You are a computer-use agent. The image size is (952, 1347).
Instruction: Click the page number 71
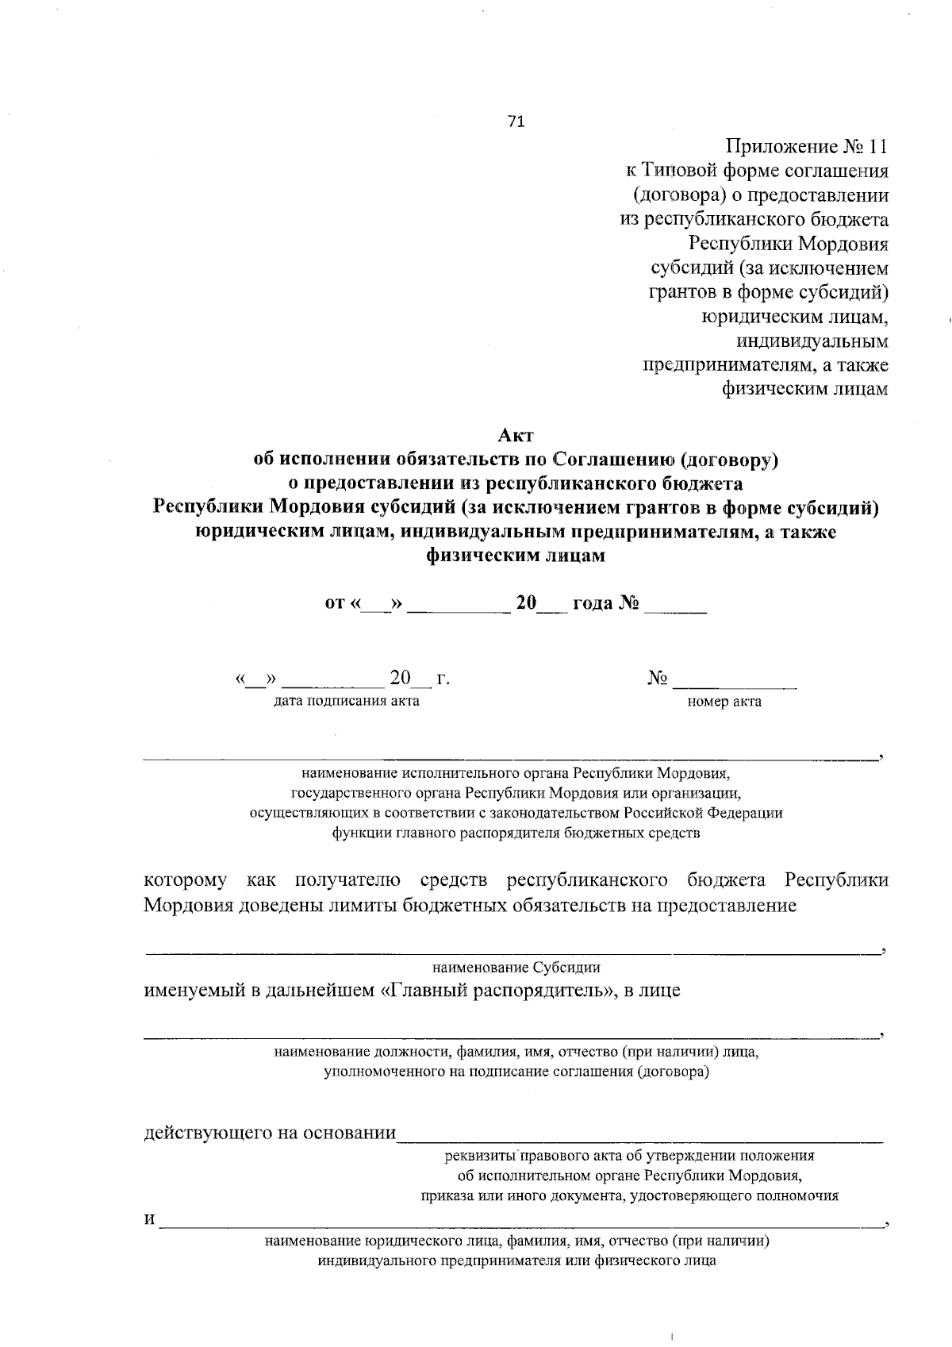[516, 121]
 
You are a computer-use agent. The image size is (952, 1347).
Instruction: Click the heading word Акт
[516, 436]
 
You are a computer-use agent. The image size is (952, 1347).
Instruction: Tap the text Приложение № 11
[806, 147]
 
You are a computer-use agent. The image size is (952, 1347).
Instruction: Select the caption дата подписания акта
[347, 701]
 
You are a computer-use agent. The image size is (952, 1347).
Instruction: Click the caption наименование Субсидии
[516, 968]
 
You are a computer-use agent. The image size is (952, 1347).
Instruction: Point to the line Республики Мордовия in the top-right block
[788, 244]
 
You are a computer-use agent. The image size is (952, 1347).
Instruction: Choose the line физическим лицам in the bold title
[516, 556]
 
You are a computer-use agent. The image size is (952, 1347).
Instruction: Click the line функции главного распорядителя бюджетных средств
[516, 833]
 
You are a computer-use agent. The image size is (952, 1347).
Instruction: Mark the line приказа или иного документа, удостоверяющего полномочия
[630, 1196]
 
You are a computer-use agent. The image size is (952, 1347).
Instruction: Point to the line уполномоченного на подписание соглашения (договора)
[516, 1072]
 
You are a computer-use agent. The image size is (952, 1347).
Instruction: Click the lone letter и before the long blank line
[149, 1219]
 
